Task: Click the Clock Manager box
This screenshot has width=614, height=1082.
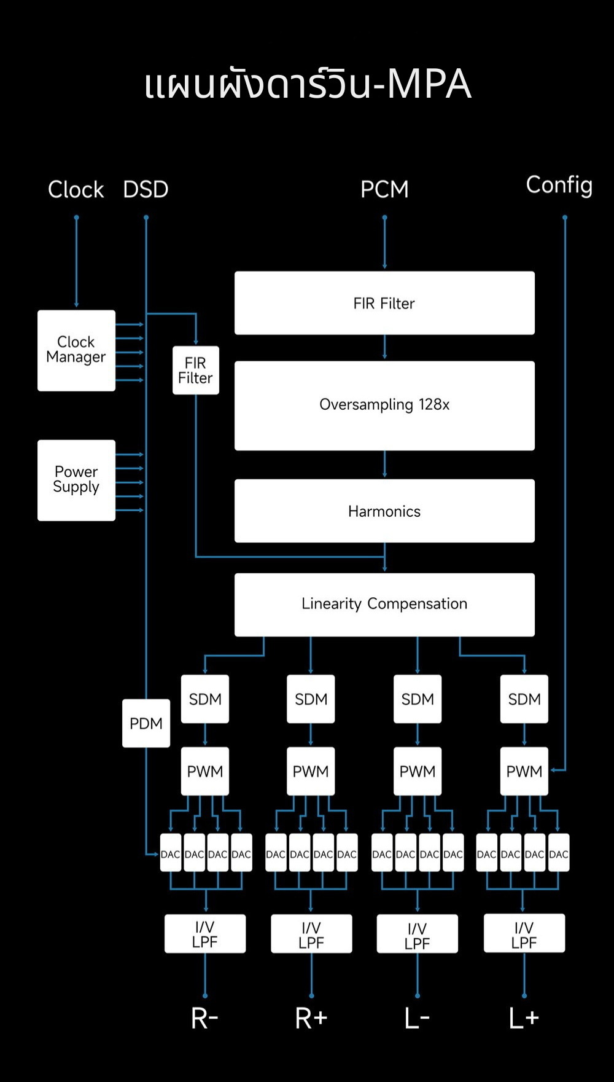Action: (76, 350)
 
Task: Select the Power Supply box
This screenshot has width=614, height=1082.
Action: (76, 480)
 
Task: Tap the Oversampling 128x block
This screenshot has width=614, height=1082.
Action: (384, 406)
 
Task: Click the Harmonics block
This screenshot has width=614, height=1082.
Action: (384, 511)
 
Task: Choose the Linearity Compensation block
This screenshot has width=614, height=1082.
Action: (384, 604)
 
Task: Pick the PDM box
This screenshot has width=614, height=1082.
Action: (146, 723)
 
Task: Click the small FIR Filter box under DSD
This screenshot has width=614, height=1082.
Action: (195, 370)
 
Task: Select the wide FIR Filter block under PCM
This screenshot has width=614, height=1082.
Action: (384, 303)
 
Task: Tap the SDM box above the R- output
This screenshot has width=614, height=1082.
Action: (205, 699)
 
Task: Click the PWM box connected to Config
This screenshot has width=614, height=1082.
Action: (524, 771)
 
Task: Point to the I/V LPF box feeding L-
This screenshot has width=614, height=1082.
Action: (418, 934)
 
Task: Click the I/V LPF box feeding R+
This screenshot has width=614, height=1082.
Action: (311, 934)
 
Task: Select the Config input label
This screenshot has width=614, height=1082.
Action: (559, 185)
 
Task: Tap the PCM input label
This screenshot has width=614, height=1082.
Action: (384, 189)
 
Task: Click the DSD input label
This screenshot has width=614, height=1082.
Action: (146, 189)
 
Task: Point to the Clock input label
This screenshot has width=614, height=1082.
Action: (76, 189)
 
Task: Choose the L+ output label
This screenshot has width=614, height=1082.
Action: (524, 1018)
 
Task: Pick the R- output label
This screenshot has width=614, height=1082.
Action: (205, 1018)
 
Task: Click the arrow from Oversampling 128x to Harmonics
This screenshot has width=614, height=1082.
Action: (385, 465)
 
